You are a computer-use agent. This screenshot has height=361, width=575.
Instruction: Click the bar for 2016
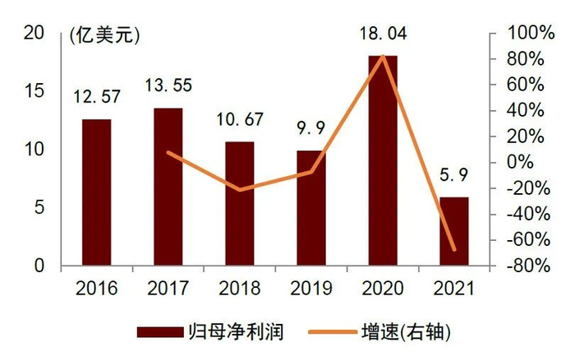(x=97, y=192)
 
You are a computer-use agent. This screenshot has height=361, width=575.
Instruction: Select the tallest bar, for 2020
(x=382, y=161)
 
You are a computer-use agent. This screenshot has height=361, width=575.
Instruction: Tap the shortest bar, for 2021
(x=453, y=232)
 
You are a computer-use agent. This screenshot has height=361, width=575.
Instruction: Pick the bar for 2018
(x=240, y=204)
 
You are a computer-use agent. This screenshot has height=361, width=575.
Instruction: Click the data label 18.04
(x=382, y=35)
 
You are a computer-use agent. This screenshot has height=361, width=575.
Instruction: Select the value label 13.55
(x=168, y=86)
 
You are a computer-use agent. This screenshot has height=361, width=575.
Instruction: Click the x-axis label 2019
(x=311, y=289)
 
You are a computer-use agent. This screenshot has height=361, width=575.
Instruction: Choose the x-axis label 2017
(x=168, y=289)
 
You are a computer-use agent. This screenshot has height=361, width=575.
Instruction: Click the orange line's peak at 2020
(x=382, y=57)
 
